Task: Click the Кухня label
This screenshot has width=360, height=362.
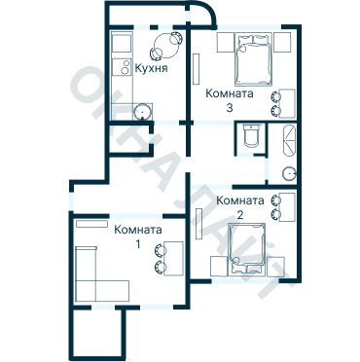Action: click(151, 68)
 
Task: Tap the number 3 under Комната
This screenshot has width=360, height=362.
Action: click(230, 108)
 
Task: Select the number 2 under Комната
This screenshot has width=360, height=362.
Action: click(240, 215)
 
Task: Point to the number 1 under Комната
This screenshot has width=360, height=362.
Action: click(138, 244)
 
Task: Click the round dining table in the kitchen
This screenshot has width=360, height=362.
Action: click(165, 46)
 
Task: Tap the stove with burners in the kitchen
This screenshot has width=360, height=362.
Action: click(122, 67)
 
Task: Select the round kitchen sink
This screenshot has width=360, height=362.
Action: click(142, 112)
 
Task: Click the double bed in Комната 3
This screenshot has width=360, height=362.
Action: click(253, 60)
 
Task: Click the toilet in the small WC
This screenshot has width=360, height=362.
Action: click(251, 135)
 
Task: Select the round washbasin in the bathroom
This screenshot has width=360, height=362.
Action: click(289, 174)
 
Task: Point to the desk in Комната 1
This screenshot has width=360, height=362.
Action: click(174, 258)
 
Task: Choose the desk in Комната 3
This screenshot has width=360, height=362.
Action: click(288, 103)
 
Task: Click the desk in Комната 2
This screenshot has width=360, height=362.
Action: click(288, 207)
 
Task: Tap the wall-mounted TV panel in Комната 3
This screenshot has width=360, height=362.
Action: click(197, 69)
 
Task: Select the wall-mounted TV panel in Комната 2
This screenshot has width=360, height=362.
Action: click(198, 224)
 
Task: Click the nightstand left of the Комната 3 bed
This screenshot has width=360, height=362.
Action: click(226, 42)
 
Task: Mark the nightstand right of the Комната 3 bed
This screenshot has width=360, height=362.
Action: click(282, 42)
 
